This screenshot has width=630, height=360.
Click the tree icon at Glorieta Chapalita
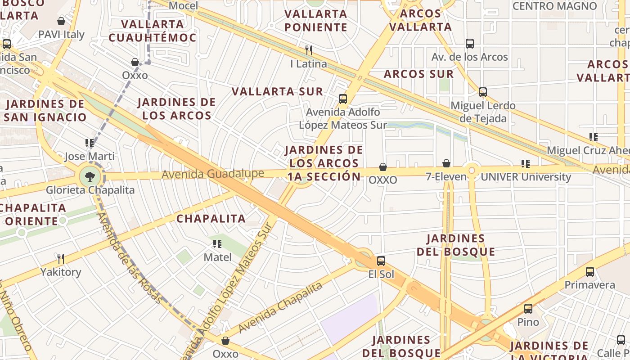pyautogui.click(x=90, y=176)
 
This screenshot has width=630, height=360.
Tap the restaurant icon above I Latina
pyautogui.click(x=309, y=50)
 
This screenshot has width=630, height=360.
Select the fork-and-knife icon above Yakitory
pyautogui.click(x=61, y=258)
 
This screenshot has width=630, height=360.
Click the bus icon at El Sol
pyautogui.click(x=381, y=261)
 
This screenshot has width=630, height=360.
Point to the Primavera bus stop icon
pyautogui.click(x=590, y=271)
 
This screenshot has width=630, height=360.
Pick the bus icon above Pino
pyautogui.click(x=528, y=309)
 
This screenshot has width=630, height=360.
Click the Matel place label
pyautogui.click(x=218, y=257)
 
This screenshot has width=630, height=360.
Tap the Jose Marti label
pyautogui.click(x=90, y=156)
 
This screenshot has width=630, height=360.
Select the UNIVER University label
pyautogui.click(x=526, y=177)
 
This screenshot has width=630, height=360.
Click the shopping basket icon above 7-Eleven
pyautogui.click(x=446, y=163)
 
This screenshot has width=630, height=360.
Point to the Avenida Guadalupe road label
pyautogui.click(x=213, y=174)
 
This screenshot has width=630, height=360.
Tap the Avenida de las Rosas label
pyautogui.click(x=129, y=257)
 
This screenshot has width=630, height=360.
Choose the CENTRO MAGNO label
pyautogui.click(x=554, y=6)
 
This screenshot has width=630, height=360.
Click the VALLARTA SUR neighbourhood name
pyautogui.click(x=277, y=91)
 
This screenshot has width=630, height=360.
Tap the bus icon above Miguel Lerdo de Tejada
pyautogui.click(x=483, y=92)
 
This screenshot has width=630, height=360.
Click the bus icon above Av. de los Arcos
pyautogui.click(x=470, y=44)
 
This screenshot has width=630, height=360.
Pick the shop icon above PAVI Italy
pyautogui.click(x=61, y=21)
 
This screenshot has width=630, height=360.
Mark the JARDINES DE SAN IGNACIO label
pyautogui.click(x=45, y=111)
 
